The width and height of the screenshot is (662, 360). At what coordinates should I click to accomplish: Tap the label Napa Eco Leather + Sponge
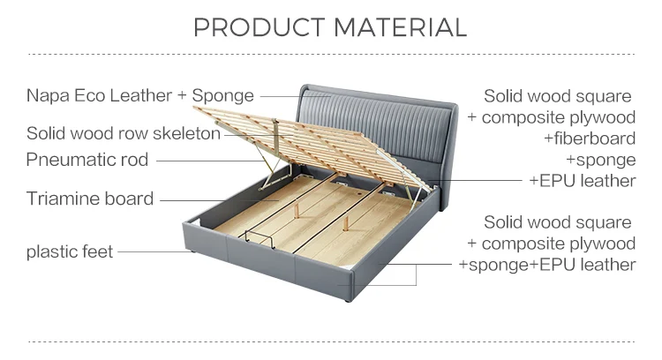point(139,95)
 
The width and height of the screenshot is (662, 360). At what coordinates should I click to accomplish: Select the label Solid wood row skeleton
point(123,134)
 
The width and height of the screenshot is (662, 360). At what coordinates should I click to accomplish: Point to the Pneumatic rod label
point(87,160)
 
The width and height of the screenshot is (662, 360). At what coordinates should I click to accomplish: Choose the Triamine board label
point(90,199)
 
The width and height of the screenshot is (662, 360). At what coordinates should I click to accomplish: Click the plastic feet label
point(70,252)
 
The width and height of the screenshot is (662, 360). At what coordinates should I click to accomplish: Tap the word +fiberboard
point(589,139)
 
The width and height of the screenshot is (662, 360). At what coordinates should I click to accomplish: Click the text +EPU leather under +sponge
point(582,181)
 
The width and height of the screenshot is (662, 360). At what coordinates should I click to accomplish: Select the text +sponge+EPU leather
point(546,265)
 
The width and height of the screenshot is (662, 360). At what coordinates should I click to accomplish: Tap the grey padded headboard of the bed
point(380,115)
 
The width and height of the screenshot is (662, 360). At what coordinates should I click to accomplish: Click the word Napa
point(47,95)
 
